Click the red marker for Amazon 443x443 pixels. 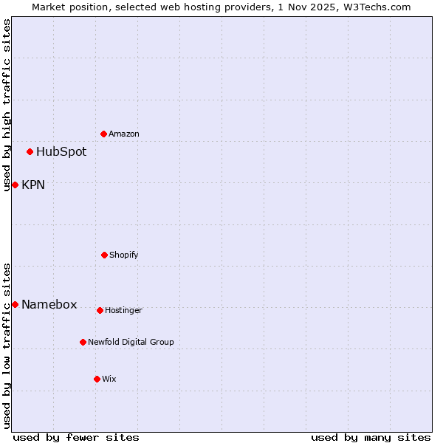(x=103, y=134)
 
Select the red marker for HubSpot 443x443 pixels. (x=30, y=151)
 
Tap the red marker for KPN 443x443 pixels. (x=15, y=185)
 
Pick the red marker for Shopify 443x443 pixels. (x=104, y=255)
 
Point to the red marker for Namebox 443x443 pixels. (x=15, y=304)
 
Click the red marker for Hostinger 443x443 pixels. (x=100, y=310)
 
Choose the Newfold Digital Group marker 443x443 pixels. (x=83, y=342)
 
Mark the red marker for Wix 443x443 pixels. (x=97, y=379)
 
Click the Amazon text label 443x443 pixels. (x=124, y=134)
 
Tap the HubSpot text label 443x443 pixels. (x=61, y=152)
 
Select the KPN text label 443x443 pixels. (x=33, y=185)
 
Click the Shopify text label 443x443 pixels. (x=124, y=255)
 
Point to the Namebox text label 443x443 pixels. (x=49, y=305)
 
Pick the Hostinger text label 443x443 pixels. (x=123, y=310)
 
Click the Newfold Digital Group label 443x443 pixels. (x=131, y=342)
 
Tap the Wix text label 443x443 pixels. (x=109, y=379)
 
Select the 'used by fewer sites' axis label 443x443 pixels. (x=76, y=437)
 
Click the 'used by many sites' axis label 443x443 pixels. (x=371, y=437)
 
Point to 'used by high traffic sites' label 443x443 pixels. (x=7, y=105)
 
